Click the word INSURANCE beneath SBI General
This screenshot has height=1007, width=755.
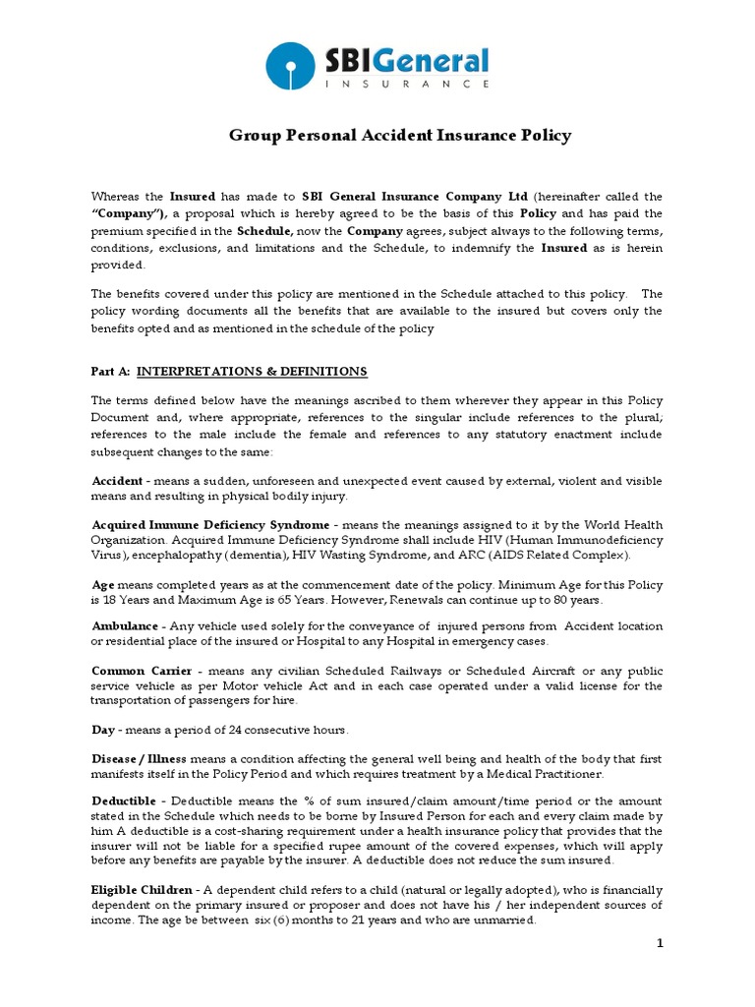click(x=407, y=85)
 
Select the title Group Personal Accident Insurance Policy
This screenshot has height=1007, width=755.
click(x=400, y=136)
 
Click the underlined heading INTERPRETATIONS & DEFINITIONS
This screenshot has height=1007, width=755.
click(x=252, y=371)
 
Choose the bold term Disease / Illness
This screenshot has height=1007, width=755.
click(x=139, y=758)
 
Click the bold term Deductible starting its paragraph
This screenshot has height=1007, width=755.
click(x=127, y=801)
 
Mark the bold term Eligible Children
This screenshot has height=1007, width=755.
click(x=142, y=889)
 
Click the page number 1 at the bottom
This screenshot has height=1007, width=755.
click(x=661, y=944)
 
